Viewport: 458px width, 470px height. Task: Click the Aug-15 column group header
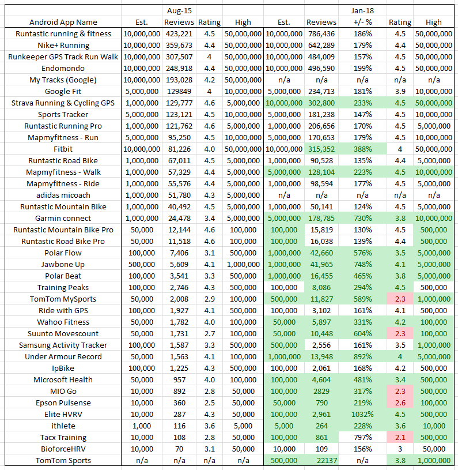coord(179,10)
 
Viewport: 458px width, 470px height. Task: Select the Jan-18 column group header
coord(363,10)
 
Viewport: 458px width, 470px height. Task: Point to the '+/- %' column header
coord(363,22)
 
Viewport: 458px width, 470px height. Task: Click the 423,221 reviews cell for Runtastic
coord(179,33)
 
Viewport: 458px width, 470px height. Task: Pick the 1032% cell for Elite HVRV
coord(363,414)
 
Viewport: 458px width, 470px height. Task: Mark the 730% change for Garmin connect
coord(363,218)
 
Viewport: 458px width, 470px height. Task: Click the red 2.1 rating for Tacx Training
coord(400,437)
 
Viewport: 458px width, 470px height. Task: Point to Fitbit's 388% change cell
coord(363,149)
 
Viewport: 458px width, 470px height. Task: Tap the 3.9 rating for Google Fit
coord(400,91)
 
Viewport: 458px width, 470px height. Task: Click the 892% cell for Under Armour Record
coord(363,356)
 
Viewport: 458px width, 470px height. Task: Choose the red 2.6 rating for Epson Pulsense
coord(400,403)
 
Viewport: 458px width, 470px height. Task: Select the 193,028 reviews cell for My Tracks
coord(179,80)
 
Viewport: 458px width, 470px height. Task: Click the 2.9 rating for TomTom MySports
coord(209,299)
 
